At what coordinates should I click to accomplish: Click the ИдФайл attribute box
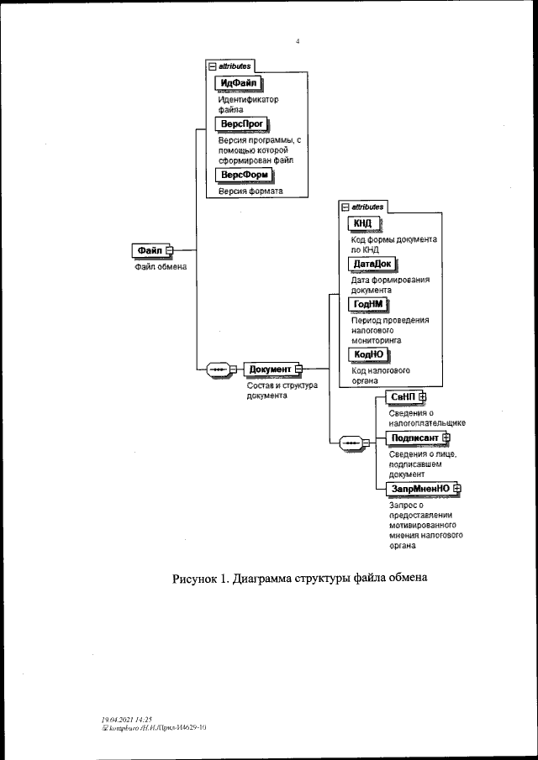(x=238, y=82)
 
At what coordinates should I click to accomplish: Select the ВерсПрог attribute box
(x=241, y=123)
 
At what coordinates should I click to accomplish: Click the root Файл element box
(x=149, y=249)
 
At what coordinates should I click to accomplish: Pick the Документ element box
(x=269, y=369)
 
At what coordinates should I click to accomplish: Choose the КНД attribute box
(x=364, y=223)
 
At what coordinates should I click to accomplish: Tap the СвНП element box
(x=403, y=396)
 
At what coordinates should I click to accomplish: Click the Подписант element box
(x=414, y=438)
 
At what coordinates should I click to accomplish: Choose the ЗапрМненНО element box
(x=419, y=488)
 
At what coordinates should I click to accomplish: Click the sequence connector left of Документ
(x=219, y=369)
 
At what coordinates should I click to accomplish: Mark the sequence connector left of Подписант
(x=351, y=442)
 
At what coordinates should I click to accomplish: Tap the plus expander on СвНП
(x=423, y=396)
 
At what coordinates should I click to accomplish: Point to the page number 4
(x=298, y=41)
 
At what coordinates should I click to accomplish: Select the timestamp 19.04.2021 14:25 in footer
(x=126, y=720)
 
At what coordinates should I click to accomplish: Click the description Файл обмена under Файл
(x=161, y=267)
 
